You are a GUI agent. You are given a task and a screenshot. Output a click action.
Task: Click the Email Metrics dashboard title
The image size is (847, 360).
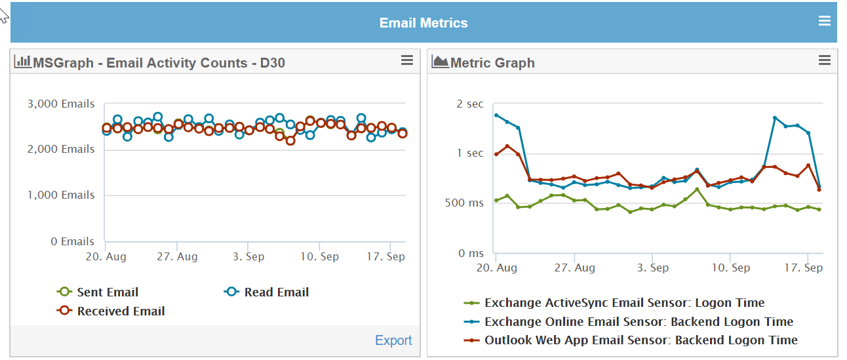(423, 23)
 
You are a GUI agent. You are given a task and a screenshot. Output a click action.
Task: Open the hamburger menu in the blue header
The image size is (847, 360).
(825, 21)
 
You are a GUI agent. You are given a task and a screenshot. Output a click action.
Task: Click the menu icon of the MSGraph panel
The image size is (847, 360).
(407, 60)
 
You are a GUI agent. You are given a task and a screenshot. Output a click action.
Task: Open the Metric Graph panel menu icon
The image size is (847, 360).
(825, 60)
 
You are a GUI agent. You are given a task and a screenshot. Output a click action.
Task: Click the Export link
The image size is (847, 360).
(393, 340)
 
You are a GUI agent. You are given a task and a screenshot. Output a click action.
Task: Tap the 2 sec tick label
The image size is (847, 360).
(469, 104)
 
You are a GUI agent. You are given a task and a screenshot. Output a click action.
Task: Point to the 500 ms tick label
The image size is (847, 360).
(465, 203)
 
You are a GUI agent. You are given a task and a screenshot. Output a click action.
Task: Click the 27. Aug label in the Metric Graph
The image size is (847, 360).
(574, 268)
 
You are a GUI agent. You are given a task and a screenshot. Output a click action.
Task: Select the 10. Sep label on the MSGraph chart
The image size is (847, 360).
(319, 256)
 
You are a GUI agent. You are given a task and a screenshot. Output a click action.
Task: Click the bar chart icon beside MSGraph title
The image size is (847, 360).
(23, 62)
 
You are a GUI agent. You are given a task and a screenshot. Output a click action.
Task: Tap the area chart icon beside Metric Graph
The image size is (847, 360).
(440, 62)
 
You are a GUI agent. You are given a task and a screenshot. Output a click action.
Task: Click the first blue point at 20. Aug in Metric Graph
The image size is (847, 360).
(496, 115)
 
